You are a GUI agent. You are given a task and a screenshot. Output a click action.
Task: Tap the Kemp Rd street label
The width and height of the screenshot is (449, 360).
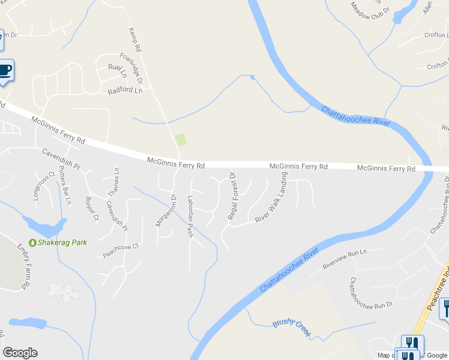pyautogui.click(x=135, y=39)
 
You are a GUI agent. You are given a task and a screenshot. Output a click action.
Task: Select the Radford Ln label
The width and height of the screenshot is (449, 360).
pyautogui.click(x=125, y=91)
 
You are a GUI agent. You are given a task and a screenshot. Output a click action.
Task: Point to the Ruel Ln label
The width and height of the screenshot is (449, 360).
pyautogui.click(x=117, y=71)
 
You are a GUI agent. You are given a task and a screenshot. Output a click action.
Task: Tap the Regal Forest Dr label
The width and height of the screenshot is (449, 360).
pyautogui.click(x=232, y=196)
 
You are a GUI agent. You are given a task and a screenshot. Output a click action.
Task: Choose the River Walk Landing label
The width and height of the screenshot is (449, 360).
pyautogui.click(x=271, y=198)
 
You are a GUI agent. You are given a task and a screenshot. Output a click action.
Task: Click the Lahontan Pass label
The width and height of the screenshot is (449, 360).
pyautogui.click(x=190, y=216)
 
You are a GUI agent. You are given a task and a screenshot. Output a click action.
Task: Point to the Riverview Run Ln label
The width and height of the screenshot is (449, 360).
pyautogui.click(x=345, y=259)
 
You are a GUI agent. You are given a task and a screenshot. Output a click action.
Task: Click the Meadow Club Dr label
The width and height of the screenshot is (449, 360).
pyautogui.click(x=370, y=10)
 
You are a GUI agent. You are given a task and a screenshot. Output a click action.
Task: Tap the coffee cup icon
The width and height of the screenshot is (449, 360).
pyautogui.click(x=5, y=70)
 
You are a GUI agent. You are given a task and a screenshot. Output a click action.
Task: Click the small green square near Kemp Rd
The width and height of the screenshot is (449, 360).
pyautogui.click(x=181, y=140)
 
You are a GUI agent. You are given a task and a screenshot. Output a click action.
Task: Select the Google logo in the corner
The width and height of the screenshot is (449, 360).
pyautogui.click(x=20, y=353)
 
